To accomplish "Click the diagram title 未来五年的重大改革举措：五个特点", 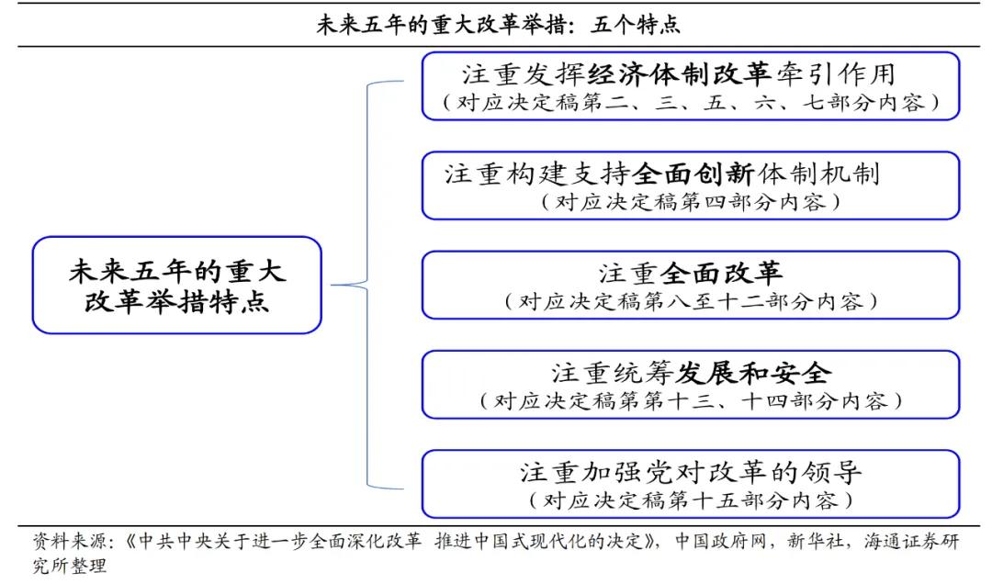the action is point(498,25).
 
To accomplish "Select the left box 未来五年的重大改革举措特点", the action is point(177,286).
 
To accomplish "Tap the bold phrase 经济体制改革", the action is point(679,74).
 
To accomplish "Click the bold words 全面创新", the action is point(693,174).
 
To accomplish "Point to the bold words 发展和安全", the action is point(753,373).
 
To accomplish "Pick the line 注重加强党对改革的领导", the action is point(691,472).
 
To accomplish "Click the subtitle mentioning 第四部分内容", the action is point(691,202).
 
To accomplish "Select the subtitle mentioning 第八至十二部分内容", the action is point(691,301).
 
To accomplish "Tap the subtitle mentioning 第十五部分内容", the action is point(691,500).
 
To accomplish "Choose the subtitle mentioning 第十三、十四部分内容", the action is point(691,400).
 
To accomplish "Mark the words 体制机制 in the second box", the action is point(818,174).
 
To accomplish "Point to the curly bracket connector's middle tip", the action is point(333,285).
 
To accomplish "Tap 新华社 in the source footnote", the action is point(815,542).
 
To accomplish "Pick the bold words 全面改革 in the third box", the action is point(721,274).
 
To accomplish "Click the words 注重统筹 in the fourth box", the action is point(612,373).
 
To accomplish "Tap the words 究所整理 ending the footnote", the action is point(70,565).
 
